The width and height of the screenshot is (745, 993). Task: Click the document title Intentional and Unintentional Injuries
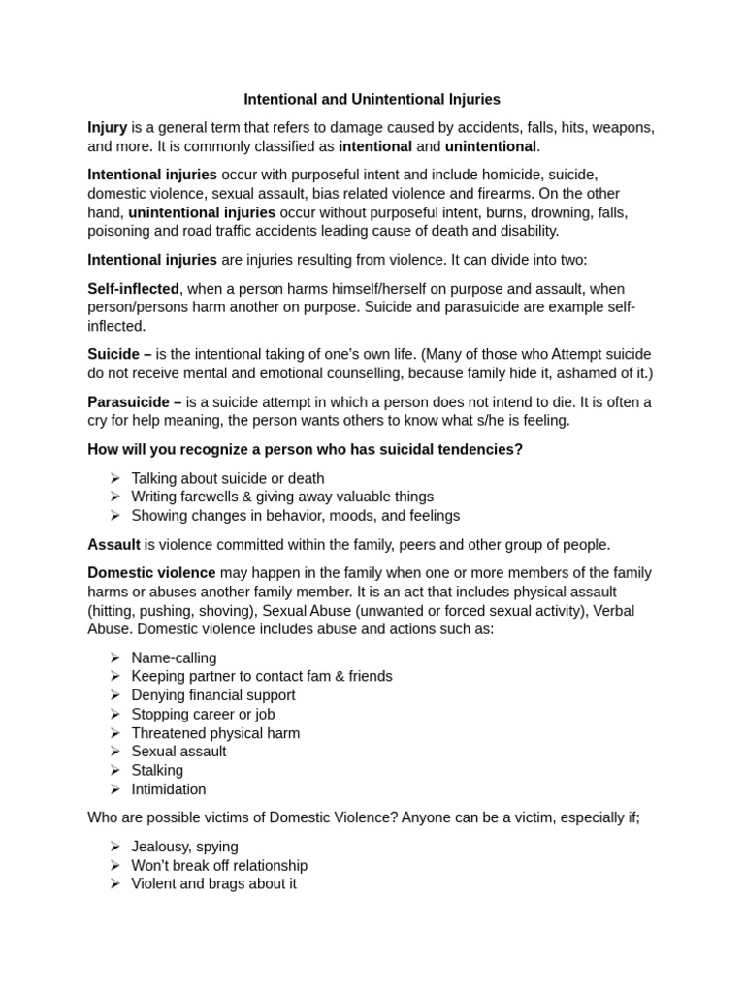(372, 99)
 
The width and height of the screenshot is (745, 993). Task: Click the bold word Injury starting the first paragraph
(107, 127)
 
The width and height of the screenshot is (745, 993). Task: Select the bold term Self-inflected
(133, 289)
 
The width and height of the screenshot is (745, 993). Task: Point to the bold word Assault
(113, 544)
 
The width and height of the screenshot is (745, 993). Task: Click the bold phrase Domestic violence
(151, 573)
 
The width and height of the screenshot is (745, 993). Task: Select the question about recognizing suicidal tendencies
(305, 449)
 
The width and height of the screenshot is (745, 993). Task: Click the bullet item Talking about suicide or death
(227, 478)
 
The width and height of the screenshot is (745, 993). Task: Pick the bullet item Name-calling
(174, 657)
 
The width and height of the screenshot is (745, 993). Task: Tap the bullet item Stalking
(157, 770)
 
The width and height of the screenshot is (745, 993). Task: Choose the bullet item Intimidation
(169, 789)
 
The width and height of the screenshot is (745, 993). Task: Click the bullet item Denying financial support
(213, 695)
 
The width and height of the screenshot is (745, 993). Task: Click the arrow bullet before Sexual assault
(114, 752)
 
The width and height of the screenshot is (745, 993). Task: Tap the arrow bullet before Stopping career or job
(114, 714)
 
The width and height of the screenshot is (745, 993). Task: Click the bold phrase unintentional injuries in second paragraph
(202, 212)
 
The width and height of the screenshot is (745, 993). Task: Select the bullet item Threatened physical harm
(215, 733)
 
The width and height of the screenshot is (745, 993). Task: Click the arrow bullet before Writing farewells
(114, 496)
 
